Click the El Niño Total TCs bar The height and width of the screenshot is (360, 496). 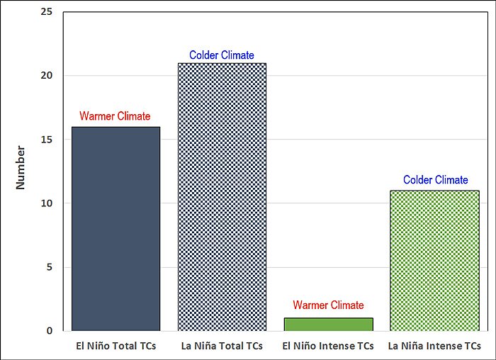116,228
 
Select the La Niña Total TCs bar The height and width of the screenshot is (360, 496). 222,196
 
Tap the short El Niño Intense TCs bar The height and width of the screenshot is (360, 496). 328,324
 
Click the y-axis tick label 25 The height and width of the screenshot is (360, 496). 47,12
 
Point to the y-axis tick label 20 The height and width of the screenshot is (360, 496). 47,76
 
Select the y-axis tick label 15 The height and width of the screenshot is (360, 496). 47,140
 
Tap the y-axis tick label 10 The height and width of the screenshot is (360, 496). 47,203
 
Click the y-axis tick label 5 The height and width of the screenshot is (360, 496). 50,267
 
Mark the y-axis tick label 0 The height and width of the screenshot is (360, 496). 50,331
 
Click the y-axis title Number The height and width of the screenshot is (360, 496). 21,167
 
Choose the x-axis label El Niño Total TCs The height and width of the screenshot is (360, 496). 116,347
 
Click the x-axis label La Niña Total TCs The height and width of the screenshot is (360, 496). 222,347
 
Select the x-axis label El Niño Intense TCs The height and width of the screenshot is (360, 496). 328,347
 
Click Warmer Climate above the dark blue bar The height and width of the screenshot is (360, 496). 115,116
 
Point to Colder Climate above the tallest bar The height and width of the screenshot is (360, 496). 221,55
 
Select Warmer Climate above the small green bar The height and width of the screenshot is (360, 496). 328,305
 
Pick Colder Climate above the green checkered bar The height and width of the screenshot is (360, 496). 436,180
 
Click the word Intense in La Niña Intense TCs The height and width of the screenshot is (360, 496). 440,347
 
